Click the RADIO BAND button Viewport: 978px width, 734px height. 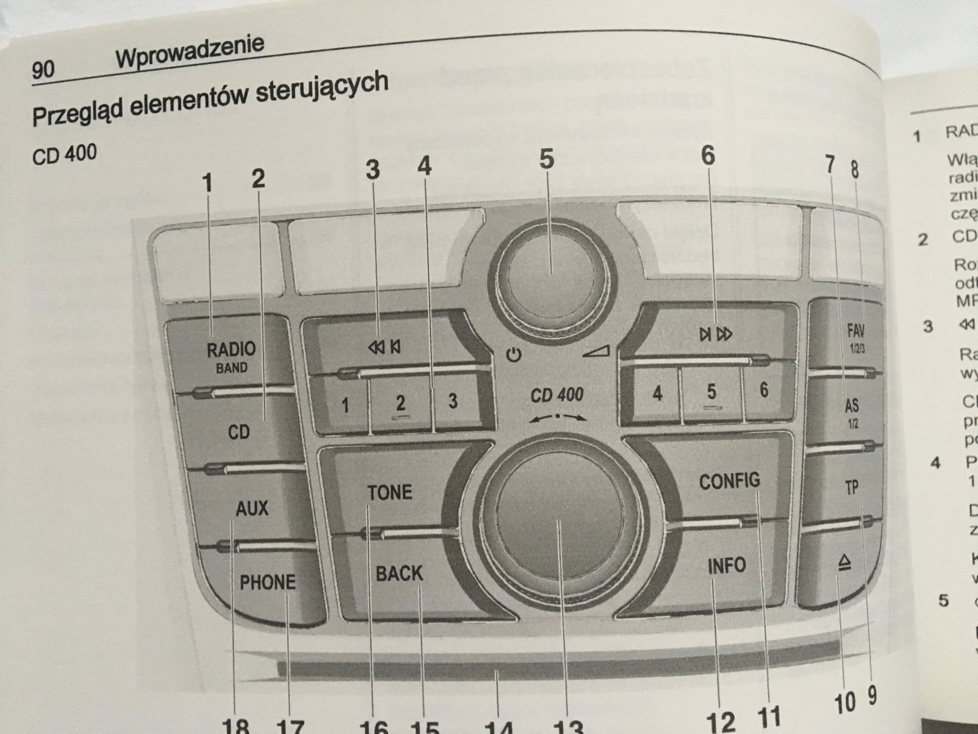tap(231, 356)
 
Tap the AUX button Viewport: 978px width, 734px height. tap(252, 508)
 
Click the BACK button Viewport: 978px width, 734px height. tap(399, 573)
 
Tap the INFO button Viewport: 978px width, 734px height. tap(726, 565)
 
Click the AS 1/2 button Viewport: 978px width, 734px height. tap(852, 411)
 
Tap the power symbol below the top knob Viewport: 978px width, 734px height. tap(514, 355)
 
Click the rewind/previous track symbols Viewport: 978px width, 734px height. tap(384, 347)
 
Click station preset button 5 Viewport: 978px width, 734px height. tap(711, 392)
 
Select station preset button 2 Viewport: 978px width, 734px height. tap(400, 403)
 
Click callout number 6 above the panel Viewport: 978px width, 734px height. tap(708, 156)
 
